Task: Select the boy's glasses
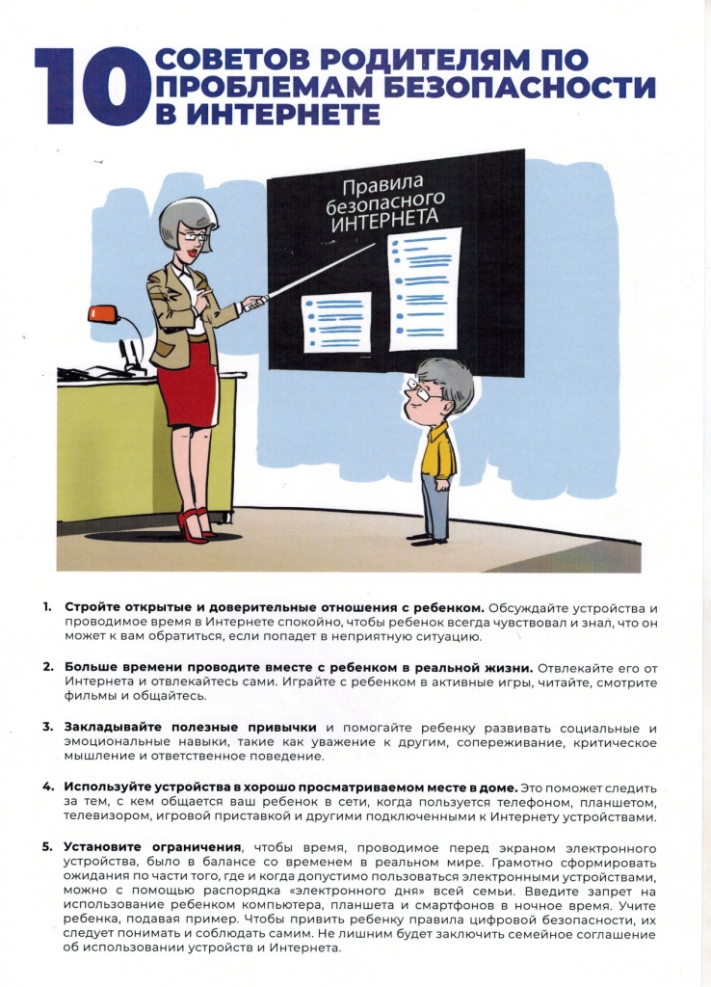(x=420, y=390)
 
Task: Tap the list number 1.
(x=46, y=607)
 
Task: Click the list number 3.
(x=46, y=726)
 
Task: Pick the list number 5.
(x=46, y=846)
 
